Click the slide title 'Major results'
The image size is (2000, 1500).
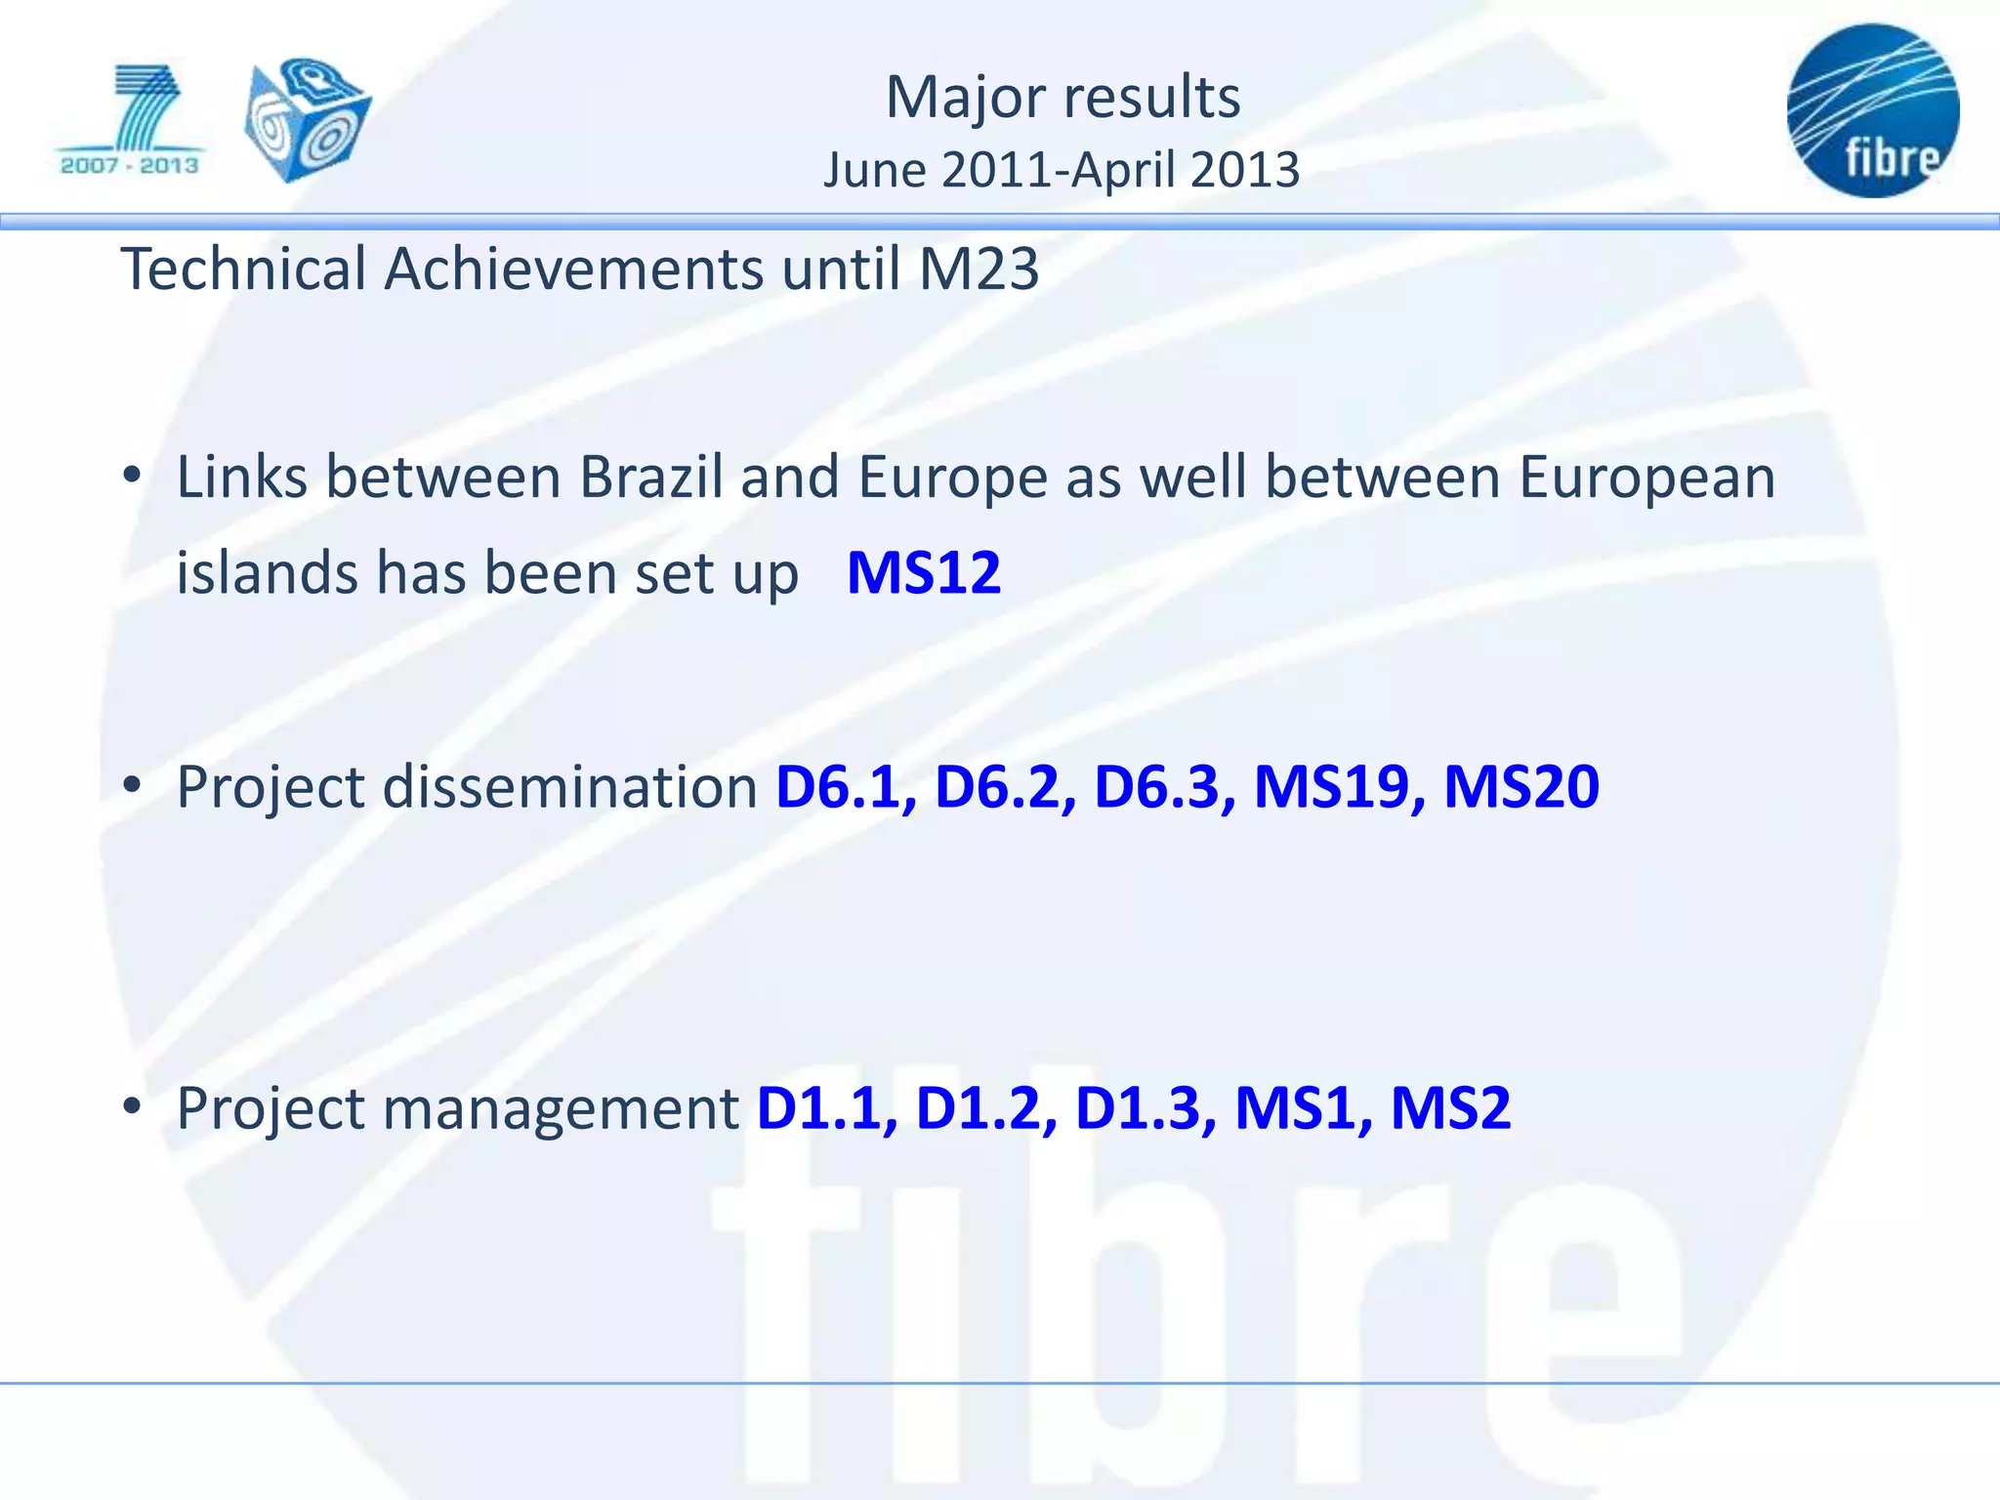[x=1062, y=98]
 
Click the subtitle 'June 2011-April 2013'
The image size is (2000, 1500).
[x=1062, y=170]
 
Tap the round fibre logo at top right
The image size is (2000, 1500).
[x=1873, y=110]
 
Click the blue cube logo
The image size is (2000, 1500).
[x=307, y=119]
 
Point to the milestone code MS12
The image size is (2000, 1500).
[x=923, y=572]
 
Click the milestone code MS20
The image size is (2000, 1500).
[x=1521, y=787]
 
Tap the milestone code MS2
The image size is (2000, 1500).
[x=1450, y=1108]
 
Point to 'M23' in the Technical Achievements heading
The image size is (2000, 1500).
[x=979, y=270]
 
